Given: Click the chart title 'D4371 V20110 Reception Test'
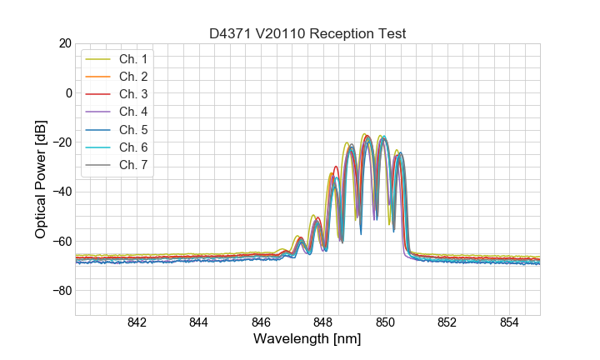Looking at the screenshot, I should coord(307,33).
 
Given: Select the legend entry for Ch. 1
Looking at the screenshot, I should coord(132,59).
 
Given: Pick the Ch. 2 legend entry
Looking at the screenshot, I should coord(132,77).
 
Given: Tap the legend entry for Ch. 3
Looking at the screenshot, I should coord(132,94).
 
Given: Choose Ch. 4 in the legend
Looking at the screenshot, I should coord(132,112).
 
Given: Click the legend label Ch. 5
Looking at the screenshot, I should coord(132,129).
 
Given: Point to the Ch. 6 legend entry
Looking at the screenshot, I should coord(132,147).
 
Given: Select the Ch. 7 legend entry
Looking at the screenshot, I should coord(132,164).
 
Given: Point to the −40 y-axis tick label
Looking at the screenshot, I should coord(61,192).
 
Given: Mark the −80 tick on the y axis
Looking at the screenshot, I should coord(61,291).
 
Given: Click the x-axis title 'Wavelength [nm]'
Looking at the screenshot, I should coord(307,340).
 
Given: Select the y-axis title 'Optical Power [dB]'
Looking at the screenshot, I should coord(40,179).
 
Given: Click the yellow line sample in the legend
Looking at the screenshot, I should coord(98,59).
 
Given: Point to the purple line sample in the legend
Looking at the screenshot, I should coord(98,112).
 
